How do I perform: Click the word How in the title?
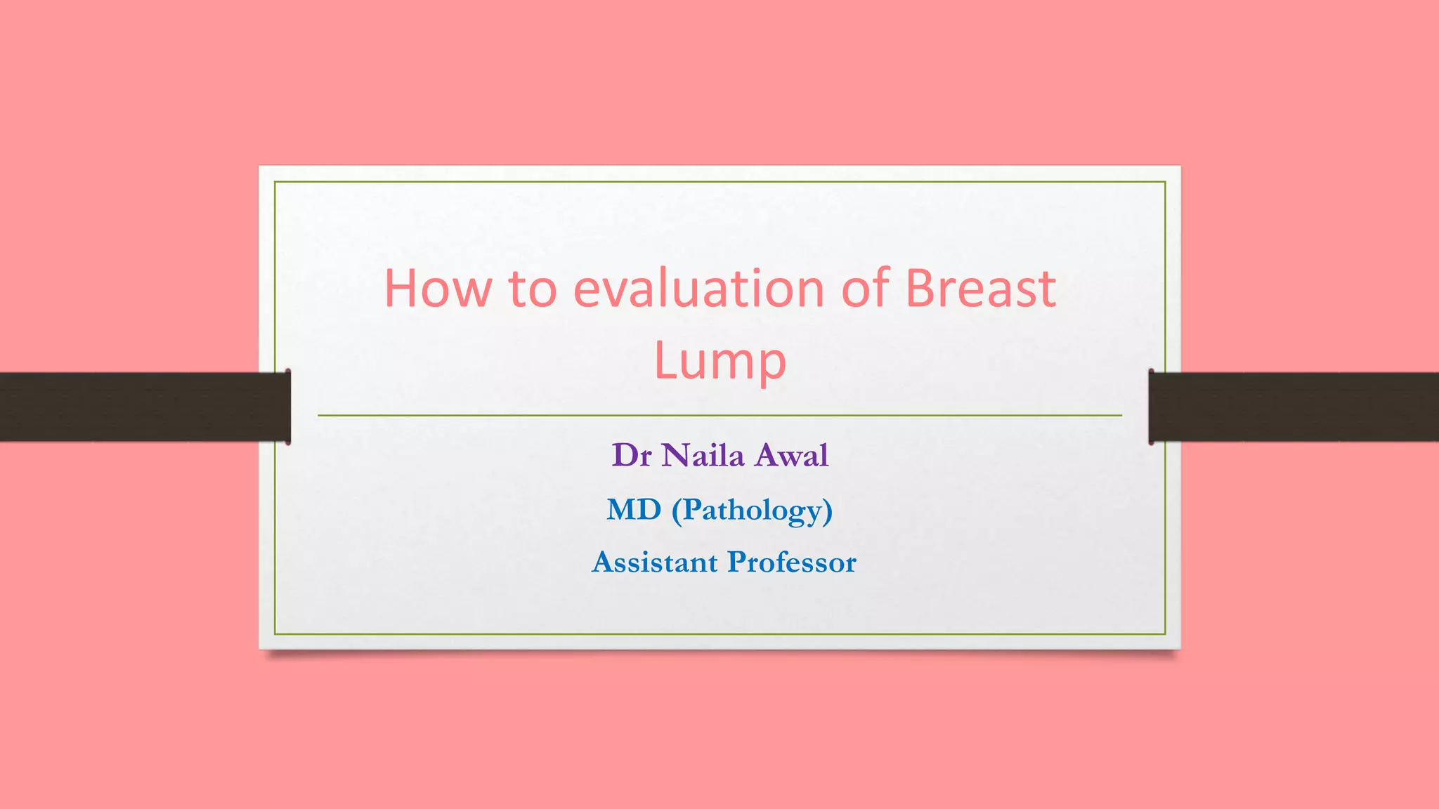[x=437, y=289]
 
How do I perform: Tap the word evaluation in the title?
[x=698, y=289]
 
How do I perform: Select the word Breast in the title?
[x=980, y=289]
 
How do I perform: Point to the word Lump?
[x=719, y=361]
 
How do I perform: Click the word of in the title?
[x=865, y=289]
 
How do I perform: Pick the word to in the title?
[x=533, y=289]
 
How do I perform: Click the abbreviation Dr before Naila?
[x=632, y=456]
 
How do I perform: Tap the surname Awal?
[x=792, y=456]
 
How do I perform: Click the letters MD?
[x=634, y=510]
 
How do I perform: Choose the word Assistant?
[x=655, y=563]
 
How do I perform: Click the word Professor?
[x=792, y=563]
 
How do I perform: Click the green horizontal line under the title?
[x=719, y=416]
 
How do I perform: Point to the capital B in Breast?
[x=922, y=289]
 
